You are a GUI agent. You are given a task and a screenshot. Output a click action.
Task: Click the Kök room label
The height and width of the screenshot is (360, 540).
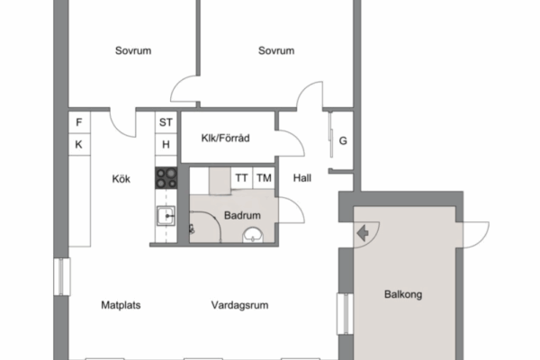121,179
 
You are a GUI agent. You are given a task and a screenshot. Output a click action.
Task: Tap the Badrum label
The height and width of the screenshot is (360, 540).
242,215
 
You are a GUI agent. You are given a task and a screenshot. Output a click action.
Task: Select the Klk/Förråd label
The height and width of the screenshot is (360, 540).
226,138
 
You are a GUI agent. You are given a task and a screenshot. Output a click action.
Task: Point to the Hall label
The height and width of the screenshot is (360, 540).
302,178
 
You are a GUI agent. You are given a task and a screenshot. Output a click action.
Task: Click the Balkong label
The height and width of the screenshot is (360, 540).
403,294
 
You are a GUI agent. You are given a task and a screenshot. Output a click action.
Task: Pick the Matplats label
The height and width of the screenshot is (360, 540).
121,305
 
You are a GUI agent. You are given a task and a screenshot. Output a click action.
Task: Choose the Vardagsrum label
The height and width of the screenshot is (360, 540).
239,305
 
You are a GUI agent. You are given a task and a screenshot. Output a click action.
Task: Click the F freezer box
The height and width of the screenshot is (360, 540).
79,122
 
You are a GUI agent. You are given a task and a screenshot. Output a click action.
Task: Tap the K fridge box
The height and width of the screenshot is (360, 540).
79,144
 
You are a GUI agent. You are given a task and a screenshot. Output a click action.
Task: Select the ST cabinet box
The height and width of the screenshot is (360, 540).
166,122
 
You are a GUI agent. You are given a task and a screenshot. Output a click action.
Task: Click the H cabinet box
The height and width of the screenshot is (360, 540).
166,144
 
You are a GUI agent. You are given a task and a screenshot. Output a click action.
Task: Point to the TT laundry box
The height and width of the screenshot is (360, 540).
242,178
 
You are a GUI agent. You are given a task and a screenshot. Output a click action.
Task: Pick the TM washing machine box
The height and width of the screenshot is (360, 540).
264,178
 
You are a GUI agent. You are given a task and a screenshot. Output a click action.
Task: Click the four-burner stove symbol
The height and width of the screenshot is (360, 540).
166,178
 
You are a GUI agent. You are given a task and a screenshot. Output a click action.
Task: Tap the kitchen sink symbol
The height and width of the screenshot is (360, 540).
166,216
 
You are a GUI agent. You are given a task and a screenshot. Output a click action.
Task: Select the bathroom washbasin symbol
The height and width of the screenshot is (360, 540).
253,235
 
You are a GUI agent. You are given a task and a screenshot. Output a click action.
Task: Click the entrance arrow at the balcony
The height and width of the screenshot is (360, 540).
363,233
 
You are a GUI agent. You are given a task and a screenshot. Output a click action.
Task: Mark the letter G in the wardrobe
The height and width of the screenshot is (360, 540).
343,141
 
